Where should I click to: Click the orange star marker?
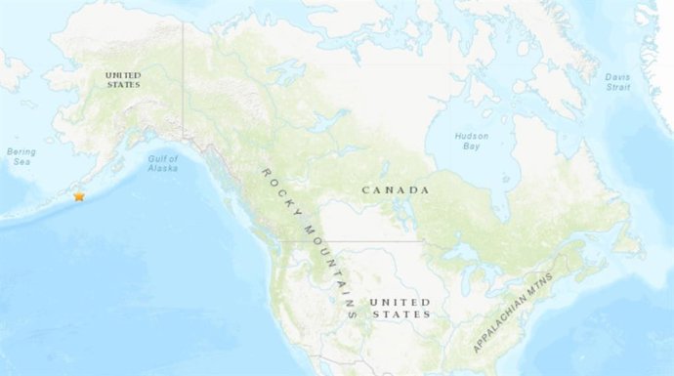tap(79, 196)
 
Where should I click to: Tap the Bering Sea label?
tap(21, 156)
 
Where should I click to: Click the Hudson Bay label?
tap(471, 142)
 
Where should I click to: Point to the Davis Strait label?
tap(616, 81)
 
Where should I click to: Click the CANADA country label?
tap(397, 188)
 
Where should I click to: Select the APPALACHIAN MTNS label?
tap(513, 313)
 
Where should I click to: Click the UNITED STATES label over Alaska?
tap(124, 79)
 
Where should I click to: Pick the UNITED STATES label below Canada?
tap(400, 308)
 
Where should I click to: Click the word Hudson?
tap(471, 136)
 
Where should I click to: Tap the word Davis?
tap(616, 75)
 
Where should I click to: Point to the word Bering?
tap(21, 151)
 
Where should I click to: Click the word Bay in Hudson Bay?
tap(471, 147)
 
